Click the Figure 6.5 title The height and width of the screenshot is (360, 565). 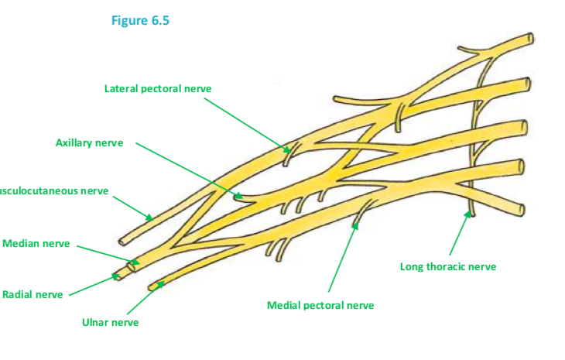tap(140, 21)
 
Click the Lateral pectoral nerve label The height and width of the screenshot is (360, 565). tap(158, 88)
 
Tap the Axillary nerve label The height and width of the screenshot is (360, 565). tap(89, 142)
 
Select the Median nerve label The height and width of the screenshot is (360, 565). tap(36, 244)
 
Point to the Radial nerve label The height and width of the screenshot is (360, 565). tap(33, 294)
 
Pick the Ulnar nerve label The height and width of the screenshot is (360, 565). tap(110, 321)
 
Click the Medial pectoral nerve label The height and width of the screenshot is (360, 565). tap(320, 305)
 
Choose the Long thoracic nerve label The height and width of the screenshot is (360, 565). tap(448, 266)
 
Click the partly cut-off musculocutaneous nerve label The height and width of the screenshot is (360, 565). tap(53, 190)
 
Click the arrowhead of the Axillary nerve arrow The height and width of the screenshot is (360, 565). tap(241, 197)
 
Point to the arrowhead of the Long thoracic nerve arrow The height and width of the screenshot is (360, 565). tap(470, 211)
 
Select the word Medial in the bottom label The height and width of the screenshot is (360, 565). tap(283, 305)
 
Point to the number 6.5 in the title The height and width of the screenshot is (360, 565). tap(159, 21)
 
